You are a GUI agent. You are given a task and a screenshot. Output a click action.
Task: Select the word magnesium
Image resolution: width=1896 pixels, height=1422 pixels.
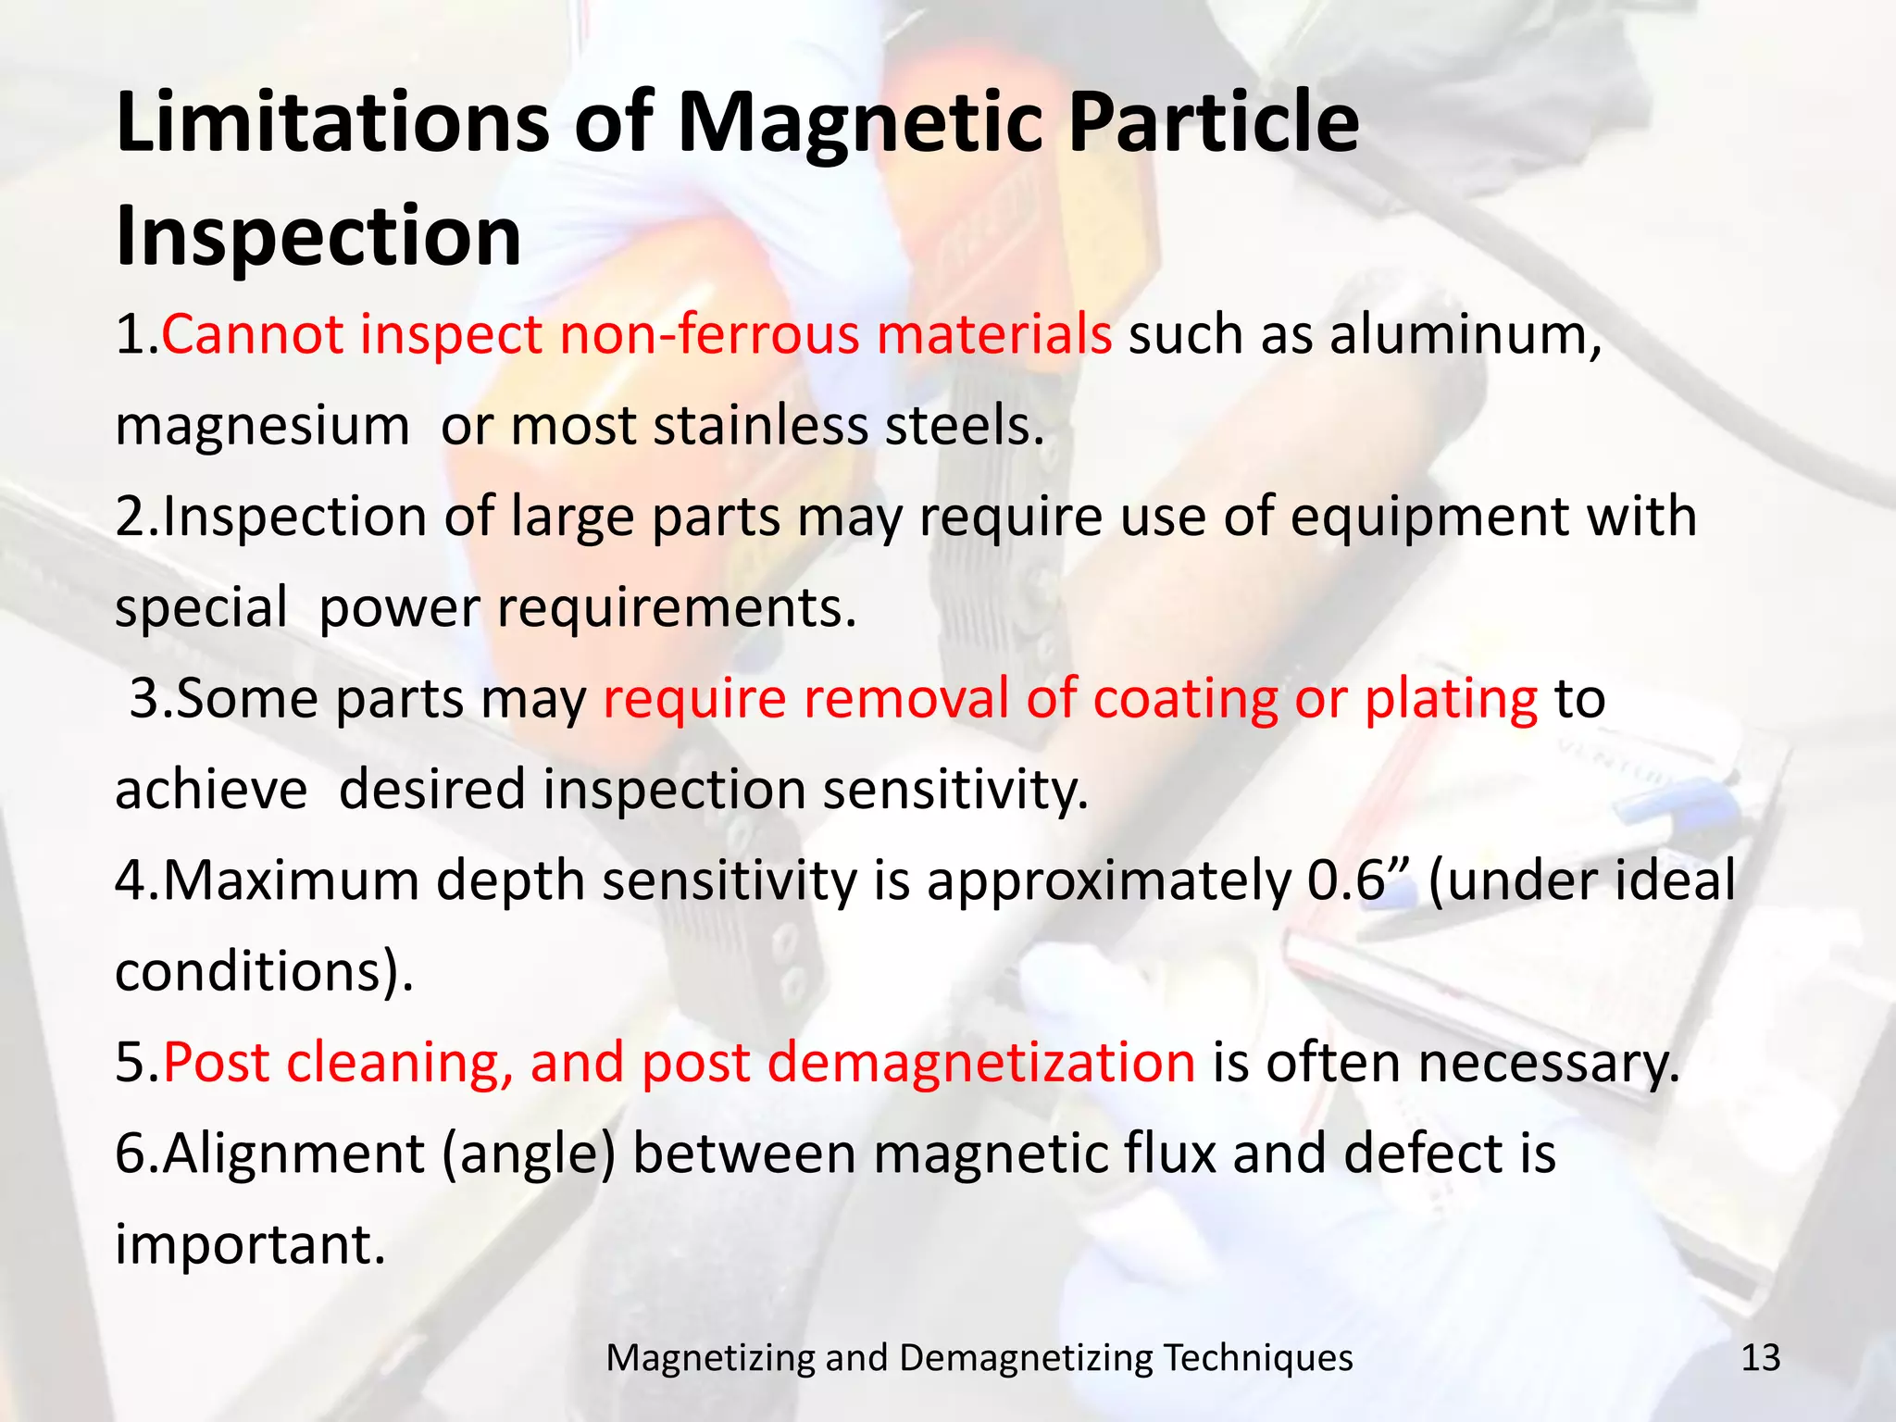262,425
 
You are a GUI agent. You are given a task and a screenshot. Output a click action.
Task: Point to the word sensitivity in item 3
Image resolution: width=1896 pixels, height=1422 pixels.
954,790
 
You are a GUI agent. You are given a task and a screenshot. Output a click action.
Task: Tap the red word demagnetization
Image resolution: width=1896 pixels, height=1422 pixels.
981,1062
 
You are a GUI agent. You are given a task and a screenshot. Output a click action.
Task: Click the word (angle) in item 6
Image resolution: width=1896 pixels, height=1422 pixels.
529,1154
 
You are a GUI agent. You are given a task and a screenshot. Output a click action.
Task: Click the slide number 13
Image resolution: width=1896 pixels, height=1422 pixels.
1760,1358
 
